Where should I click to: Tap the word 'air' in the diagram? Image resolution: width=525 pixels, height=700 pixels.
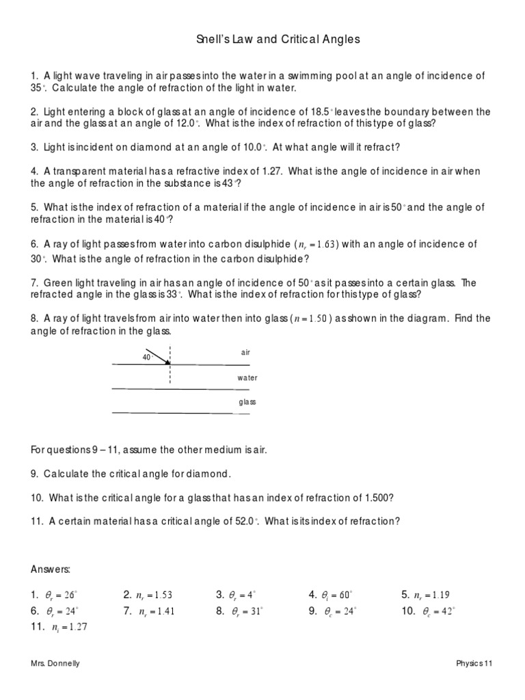(x=246, y=353)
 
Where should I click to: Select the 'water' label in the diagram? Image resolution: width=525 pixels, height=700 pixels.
(x=247, y=377)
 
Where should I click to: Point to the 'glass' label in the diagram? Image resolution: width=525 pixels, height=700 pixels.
(x=247, y=402)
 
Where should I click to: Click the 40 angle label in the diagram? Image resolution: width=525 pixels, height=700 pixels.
(x=146, y=357)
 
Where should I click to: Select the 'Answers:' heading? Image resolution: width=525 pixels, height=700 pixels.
(x=51, y=569)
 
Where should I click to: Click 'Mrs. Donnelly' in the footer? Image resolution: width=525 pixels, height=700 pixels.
(x=55, y=664)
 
